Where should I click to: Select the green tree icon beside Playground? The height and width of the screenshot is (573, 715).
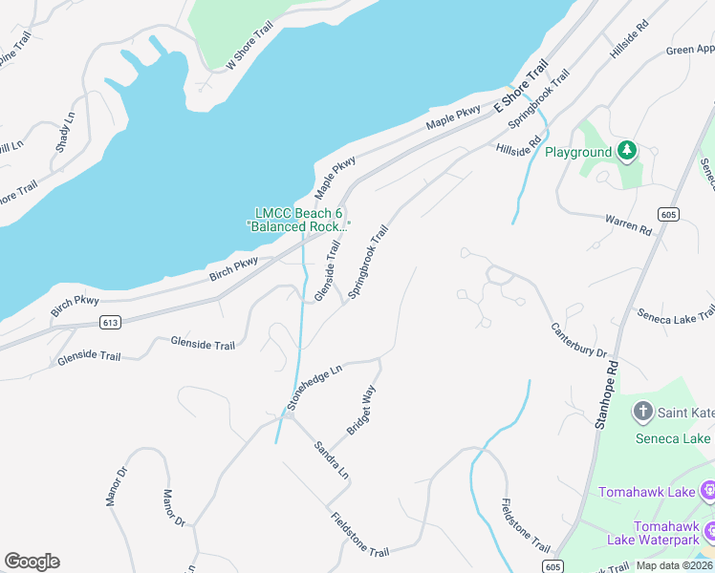pyautogui.click(x=626, y=151)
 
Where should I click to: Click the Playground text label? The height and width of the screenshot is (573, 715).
pyautogui.click(x=578, y=152)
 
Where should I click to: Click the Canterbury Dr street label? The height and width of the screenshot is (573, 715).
pyautogui.click(x=578, y=340)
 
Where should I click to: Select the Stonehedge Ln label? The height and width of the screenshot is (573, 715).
pyautogui.click(x=314, y=387)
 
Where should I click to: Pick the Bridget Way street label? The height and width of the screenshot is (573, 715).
pyautogui.click(x=359, y=411)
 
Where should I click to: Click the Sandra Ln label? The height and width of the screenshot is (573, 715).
pyautogui.click(x=332, y=459)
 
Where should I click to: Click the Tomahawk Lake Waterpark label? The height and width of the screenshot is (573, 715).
pyautogui.click(x=654, y=533)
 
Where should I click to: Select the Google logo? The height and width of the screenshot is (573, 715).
pyautogui.click(x=32, y=562)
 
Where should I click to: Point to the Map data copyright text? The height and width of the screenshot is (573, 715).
pyautogui.click(x=675, y=565)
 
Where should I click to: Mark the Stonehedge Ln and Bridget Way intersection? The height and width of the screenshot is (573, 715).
pyautogui.click(x=380, y=360)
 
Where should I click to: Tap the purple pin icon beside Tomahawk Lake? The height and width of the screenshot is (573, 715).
pyautogui.click(x=707, y=492)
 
